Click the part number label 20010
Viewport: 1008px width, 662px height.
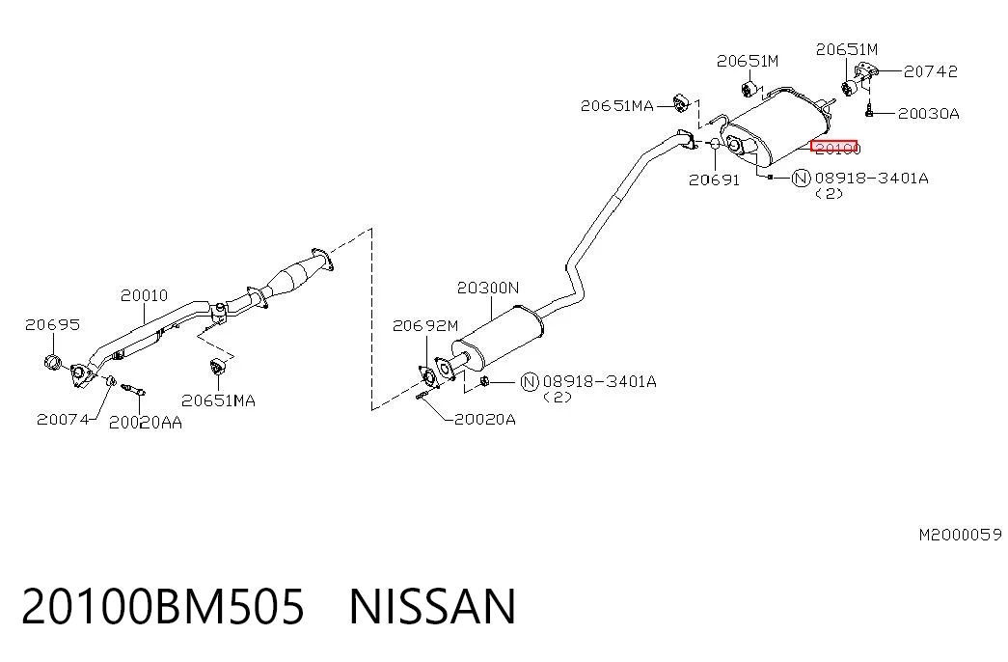144,295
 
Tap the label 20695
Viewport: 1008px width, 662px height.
53,324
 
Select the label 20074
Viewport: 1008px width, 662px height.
63,420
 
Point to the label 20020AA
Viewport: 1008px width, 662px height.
146,422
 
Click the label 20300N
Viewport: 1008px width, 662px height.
488,288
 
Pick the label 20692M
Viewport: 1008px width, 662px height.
425,325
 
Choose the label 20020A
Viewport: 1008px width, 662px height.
485,420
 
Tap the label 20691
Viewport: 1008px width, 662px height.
714,180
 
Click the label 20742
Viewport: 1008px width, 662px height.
931,71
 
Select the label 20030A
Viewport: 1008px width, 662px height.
929,114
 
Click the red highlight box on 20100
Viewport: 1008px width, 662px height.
833,146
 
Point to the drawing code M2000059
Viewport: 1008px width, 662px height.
960,535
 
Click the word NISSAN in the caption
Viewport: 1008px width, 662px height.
433,606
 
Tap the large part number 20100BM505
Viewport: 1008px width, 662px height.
163,606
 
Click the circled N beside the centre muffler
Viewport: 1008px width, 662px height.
529,382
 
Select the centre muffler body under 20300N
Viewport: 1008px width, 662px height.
499,338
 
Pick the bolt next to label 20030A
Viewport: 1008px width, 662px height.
869,111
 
